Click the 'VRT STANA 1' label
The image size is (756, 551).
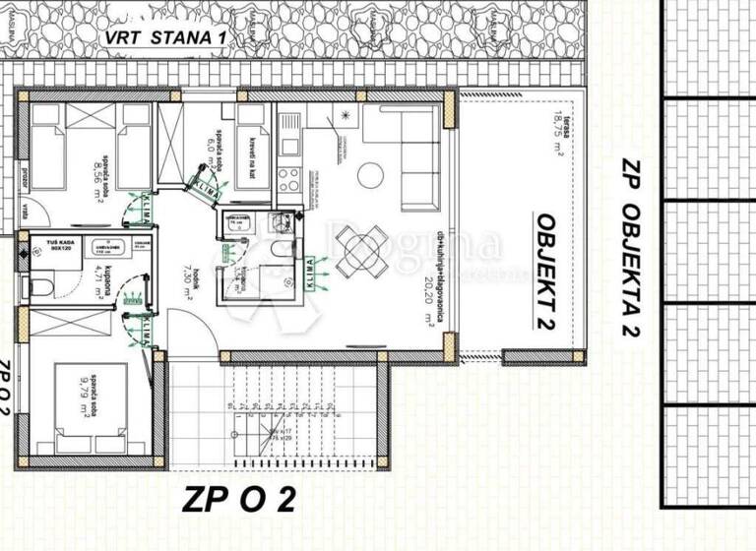pos(166,38)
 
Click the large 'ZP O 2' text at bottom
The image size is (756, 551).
pos(237,501)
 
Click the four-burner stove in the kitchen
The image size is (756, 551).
pos(288,180)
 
